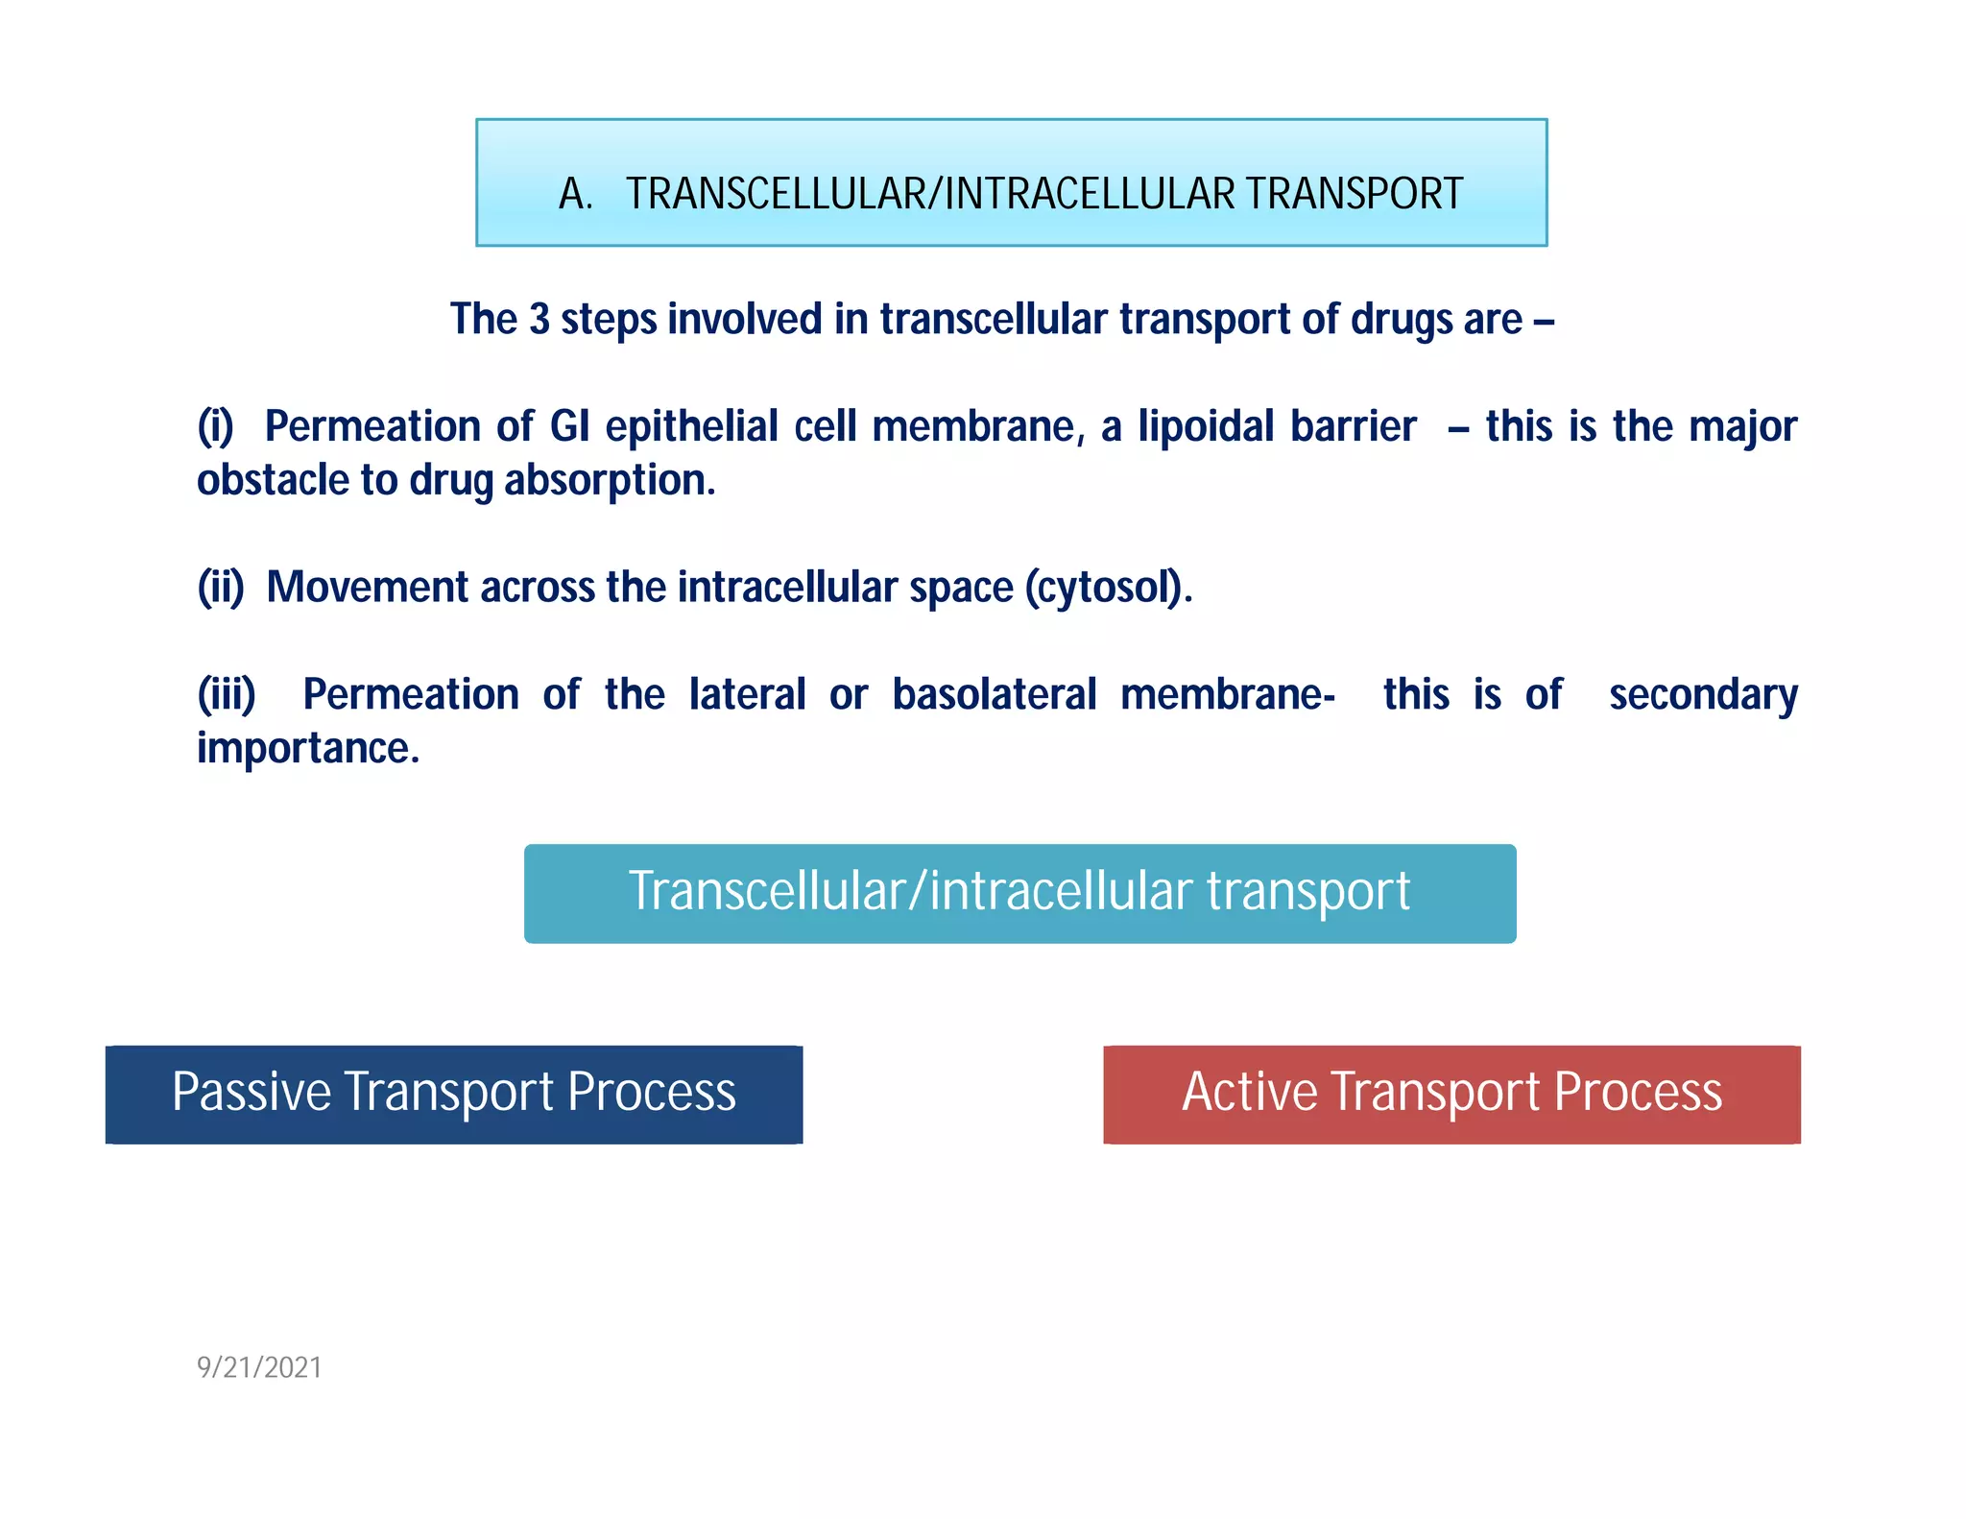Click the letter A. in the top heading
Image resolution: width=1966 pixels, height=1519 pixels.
(x=575, y=194)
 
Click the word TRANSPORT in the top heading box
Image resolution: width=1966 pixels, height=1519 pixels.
(x=1355, y=194)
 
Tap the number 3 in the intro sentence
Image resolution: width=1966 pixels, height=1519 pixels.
(x=539, y=320)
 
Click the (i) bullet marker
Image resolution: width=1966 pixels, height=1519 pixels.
(x=216, y=426)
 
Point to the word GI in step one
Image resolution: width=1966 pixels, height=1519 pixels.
(x=569, y=426)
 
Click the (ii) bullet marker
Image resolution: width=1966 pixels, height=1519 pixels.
(x=221, y=587)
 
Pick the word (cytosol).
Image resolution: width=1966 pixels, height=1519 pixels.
(x=1108, y=587)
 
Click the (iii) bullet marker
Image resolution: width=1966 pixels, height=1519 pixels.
(x=227, y=694)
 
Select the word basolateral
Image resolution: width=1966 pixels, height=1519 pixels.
(x=994, y=694)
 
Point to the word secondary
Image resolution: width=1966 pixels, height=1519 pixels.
(x=1703, y=694)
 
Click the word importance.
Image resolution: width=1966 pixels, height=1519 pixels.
(x=307, y=748)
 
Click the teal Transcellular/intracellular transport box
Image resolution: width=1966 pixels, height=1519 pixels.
(x=1019, y=893)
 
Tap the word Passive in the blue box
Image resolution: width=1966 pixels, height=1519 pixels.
(x=252, y=1093)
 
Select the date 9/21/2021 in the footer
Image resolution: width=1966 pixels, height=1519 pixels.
(x=259, y=1367)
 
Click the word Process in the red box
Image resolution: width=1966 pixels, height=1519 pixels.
(x=1638, y=1093)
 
